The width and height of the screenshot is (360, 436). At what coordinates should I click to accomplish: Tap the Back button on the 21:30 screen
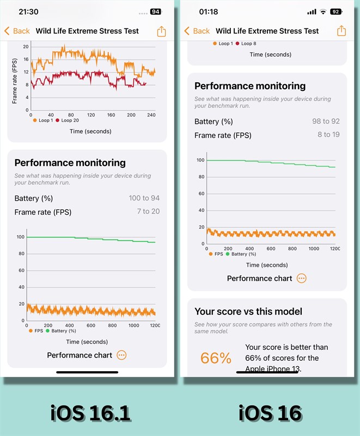17,31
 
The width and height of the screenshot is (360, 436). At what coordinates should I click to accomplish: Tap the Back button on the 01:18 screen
197,31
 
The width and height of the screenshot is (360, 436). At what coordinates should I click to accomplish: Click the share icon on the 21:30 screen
161,31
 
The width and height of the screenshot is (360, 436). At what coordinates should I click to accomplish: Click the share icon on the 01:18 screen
341,31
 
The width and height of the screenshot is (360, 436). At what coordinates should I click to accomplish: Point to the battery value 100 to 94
144,198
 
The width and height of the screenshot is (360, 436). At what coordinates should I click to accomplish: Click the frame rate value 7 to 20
148,211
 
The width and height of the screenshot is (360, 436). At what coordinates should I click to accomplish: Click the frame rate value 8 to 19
328,135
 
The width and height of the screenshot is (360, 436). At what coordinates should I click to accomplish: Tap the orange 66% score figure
216,358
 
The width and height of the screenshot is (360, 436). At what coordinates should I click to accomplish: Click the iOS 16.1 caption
91,413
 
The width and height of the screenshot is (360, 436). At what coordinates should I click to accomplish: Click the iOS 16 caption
270,413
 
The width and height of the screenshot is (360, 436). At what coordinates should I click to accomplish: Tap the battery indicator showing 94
155,11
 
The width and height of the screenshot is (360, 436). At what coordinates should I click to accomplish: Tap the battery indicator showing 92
335,11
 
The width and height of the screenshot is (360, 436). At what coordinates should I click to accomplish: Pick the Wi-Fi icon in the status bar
323,11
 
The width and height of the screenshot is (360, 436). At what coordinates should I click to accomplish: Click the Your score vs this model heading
248,312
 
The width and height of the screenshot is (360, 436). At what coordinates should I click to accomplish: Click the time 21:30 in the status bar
28,11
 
